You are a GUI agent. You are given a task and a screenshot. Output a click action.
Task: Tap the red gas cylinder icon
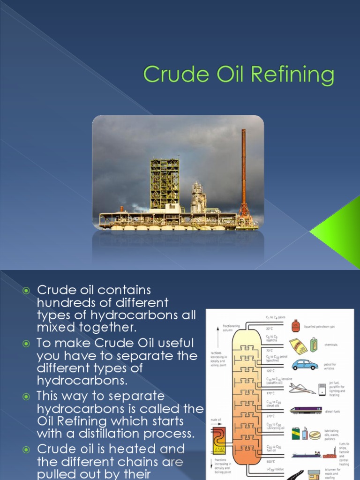point(295,325)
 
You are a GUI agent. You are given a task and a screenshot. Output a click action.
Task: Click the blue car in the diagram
point(305,364)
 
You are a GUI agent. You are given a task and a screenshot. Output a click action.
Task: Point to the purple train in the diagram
point(306,410)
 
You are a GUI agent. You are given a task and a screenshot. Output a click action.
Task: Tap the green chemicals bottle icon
point(314,345)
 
